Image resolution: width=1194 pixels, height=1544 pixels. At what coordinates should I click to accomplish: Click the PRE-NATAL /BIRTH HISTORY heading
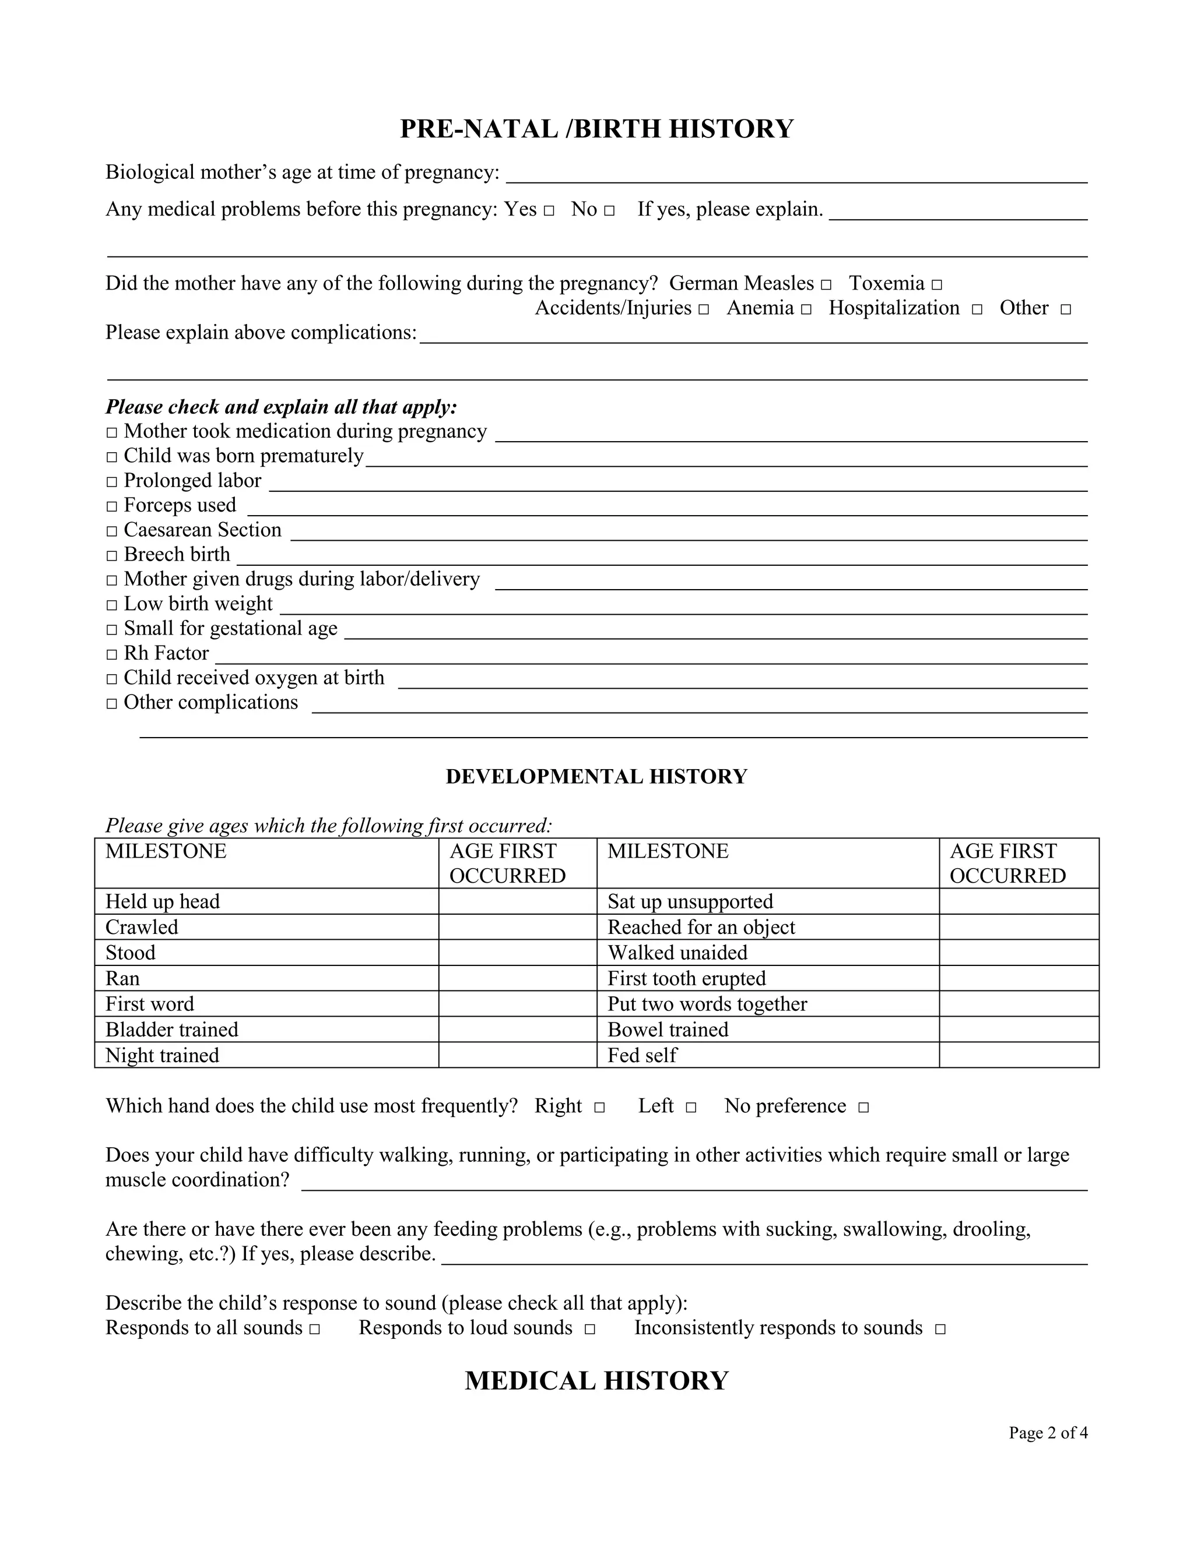(x=596, y=129)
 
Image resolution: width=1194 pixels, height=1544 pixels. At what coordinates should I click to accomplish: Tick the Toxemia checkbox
(x=936, y=285)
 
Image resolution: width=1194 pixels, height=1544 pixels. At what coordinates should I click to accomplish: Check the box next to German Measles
(x=826, y=285)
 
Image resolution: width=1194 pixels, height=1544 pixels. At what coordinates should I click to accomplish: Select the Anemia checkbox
(x=806, y=309)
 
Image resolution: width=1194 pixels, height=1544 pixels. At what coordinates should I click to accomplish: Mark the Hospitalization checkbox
(x=977, y=309)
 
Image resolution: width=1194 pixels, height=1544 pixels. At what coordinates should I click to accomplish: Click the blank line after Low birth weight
(x=683, y=607)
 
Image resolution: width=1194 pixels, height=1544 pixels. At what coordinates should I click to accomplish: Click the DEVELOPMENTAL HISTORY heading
(x=596, y=776)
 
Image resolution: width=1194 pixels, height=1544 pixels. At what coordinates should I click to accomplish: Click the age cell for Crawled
(x=517, y=927)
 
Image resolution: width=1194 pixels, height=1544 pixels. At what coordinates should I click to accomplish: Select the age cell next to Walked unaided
(x=1019, y=952)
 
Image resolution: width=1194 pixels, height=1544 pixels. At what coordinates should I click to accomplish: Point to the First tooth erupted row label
(x=686, y=978)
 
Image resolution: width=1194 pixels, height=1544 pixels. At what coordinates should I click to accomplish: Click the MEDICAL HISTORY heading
(x=596, y=1381)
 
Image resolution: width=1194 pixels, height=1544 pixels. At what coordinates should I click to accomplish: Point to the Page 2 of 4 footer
(x=1048, y=1433)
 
